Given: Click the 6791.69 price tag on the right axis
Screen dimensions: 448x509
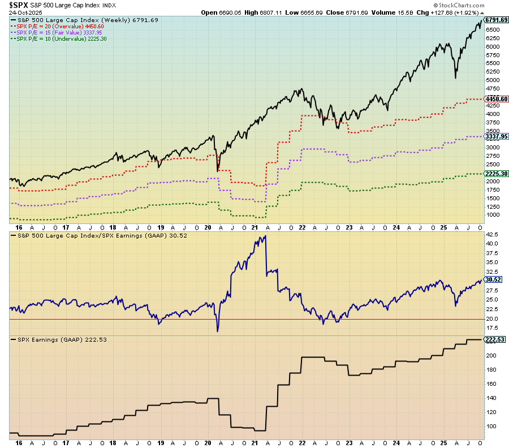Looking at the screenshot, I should tap(496, 20).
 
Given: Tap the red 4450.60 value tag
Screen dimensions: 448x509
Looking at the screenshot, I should tap(496, 99).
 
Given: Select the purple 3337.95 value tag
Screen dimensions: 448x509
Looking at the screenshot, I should tap(496, 136).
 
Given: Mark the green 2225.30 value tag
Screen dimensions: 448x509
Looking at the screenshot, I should tap(496, 174).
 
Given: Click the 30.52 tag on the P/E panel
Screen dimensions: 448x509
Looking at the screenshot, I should tap(493, 279).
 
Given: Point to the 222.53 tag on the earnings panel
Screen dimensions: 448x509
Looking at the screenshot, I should tap(494, 339).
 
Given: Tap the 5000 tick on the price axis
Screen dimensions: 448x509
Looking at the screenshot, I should tap(491, 80).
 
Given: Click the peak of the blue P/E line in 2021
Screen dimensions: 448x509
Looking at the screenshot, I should tap(266, 236).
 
